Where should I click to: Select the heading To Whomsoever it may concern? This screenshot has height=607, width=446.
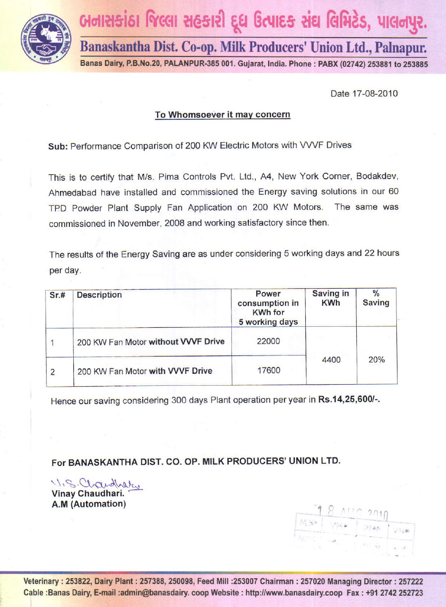(223, 115)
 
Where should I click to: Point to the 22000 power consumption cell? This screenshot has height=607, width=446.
(268, 341)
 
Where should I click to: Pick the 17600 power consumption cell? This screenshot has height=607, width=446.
(268, 370)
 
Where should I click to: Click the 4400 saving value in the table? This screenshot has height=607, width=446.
(331, 360)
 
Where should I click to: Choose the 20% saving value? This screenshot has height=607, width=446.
(377, 360)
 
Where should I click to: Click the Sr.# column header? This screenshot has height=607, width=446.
(58, 295)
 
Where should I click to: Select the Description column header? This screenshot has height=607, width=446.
(100, 295)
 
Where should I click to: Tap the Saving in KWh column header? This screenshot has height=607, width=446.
(331, 298)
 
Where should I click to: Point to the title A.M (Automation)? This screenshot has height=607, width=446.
(89, 504)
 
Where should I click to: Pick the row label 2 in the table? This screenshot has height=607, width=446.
(53, 371)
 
